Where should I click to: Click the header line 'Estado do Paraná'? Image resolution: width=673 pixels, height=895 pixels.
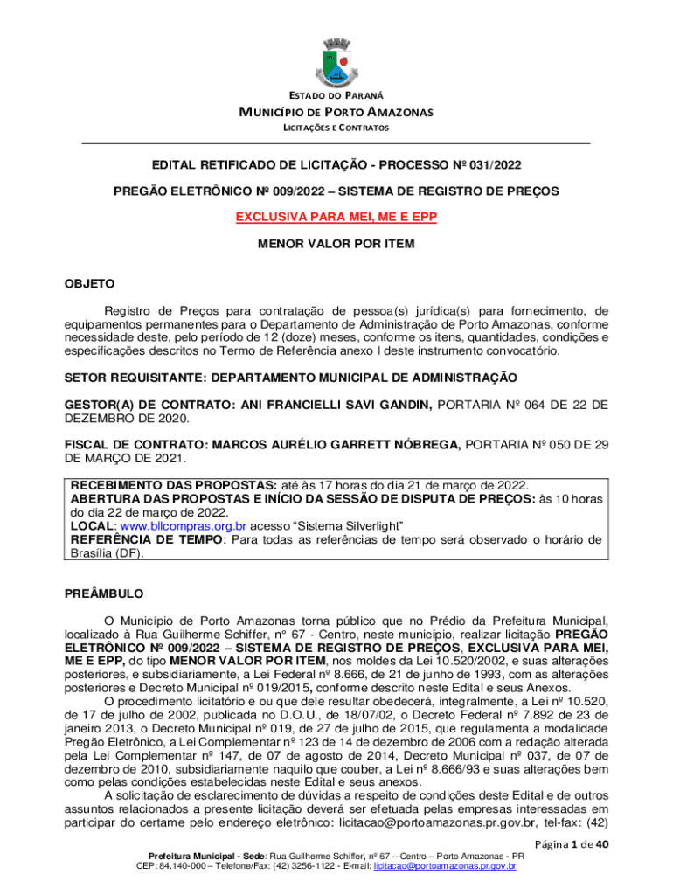pyautogui.click(x=336, y=94)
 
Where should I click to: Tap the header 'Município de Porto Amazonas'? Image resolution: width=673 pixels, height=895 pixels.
pyautogui.click(x=336, y=111)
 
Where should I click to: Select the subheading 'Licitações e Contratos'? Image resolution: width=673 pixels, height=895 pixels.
pyautogui.click(x=336, y=128)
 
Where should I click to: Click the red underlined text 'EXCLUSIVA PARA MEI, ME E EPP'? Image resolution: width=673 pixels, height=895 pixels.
pyautogui.click(x=336, y=216)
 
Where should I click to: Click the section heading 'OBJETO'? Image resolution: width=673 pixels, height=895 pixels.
pyautogui.click(x=89, y=284)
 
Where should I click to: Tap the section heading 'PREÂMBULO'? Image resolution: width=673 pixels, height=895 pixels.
pyautogui.click(x=104, y=594)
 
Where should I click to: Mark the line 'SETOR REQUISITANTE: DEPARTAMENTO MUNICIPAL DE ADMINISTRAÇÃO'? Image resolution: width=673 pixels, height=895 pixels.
pyautogui.click(x=291, y=378)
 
